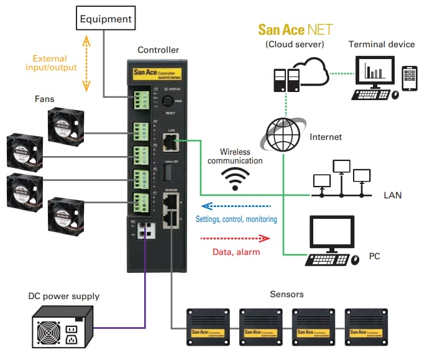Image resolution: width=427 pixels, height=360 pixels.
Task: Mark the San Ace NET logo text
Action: point(295,29)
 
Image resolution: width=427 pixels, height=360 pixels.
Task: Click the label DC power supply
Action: point(63,296)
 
